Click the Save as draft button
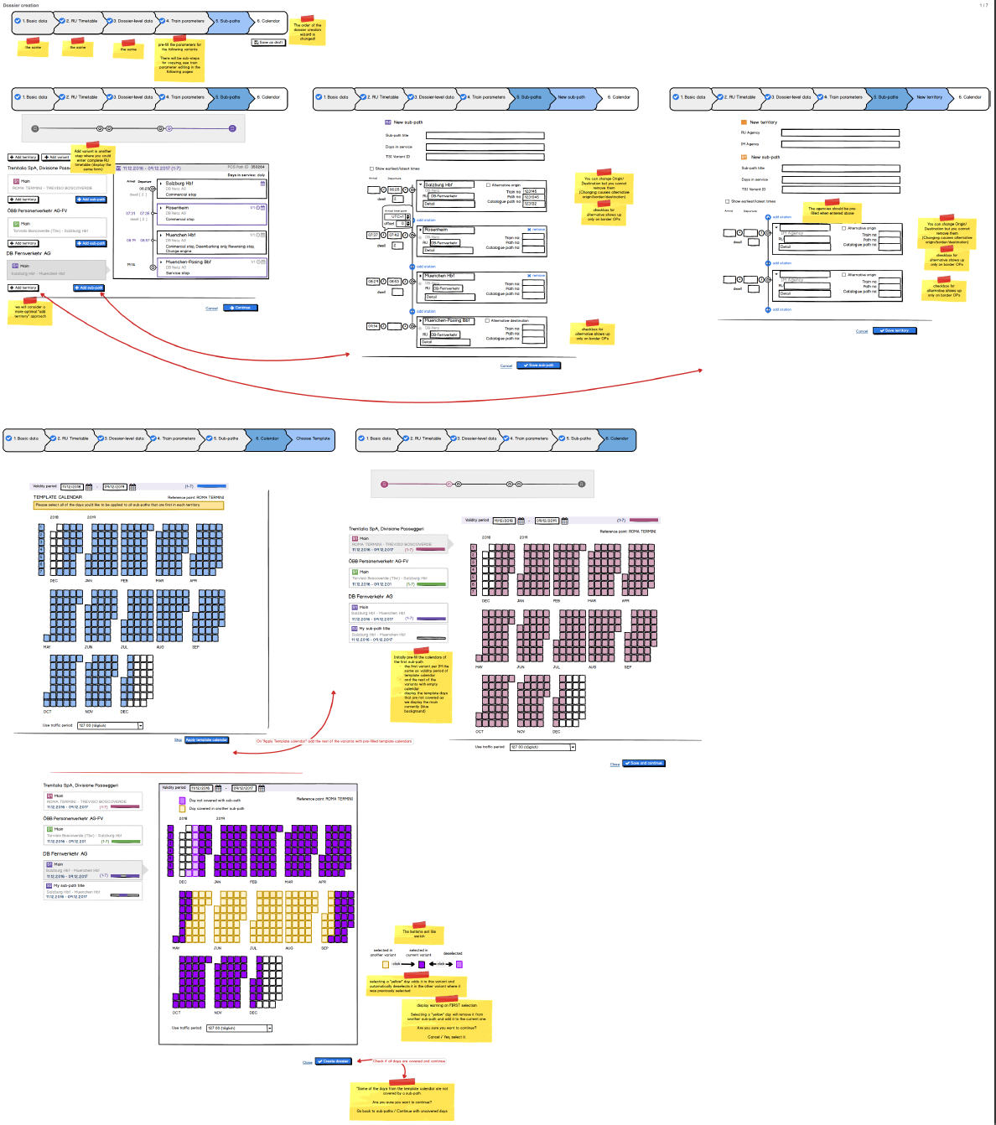268,42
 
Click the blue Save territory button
895,330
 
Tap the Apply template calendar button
206,740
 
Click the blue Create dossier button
334,1061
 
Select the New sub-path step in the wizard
572,97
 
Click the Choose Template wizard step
313,438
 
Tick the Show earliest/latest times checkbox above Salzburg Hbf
371,168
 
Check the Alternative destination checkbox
487,320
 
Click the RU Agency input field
840,132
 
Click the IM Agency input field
840,144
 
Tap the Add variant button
57,157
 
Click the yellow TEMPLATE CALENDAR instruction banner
128,505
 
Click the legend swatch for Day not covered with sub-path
182,801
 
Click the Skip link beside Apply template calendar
178,740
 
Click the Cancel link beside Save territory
862,331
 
